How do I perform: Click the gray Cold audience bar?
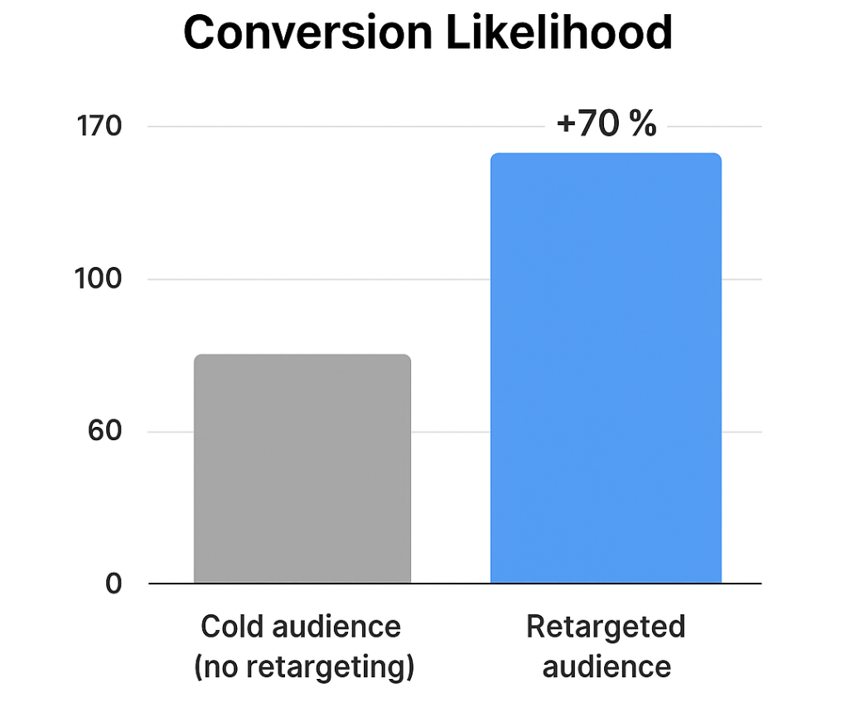pos(302,469)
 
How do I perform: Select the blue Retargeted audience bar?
pos(606,369)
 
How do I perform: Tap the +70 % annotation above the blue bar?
pos(607,124)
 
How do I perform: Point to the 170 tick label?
pos(99,127)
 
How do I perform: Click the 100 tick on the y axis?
pos(99,279)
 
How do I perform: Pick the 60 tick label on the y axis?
pos(104,432)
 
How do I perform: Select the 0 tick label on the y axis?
pos(114,584)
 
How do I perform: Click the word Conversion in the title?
pos(307,34)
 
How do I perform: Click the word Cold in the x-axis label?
pos(230,627)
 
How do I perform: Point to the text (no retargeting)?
pos(303,666)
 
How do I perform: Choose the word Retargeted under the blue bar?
pos(606,627)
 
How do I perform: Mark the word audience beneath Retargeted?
pos(606,666)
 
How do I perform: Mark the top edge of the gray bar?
pos(302,356)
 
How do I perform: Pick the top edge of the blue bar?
pos(606,154)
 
